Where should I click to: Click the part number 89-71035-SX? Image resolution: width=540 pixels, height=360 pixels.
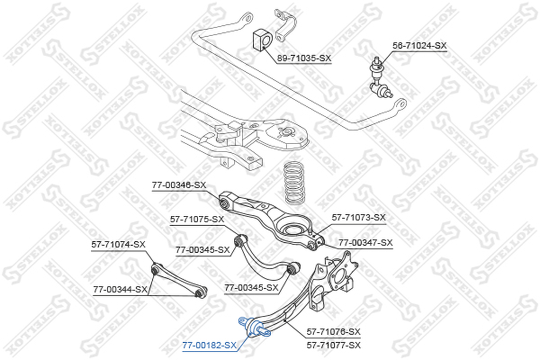[305, 58]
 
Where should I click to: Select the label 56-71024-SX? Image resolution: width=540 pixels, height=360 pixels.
[420, 45]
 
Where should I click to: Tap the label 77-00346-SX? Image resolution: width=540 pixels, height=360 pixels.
[179, 185]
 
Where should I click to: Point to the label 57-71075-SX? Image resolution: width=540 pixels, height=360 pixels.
[197, 219]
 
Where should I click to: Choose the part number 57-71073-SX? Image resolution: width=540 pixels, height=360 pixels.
[359, 218]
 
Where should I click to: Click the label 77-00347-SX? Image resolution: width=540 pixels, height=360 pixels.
[366, 243]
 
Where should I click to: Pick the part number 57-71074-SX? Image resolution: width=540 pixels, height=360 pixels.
[118, 244]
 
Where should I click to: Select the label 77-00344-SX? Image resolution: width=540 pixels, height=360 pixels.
[120, 290]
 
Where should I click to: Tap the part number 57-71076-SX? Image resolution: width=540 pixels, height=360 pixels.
[333, 332]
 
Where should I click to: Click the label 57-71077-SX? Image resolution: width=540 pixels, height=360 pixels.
[333, 345]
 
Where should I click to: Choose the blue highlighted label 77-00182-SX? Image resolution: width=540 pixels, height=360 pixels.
[210, 345]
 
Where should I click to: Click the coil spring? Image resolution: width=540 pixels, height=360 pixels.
[294, 183]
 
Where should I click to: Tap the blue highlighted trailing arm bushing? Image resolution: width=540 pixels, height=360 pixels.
[255, 327]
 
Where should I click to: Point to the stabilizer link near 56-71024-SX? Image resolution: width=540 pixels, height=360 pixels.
[381, 77]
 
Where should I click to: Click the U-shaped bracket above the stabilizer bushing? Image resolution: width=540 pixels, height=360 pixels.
[285, 25]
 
